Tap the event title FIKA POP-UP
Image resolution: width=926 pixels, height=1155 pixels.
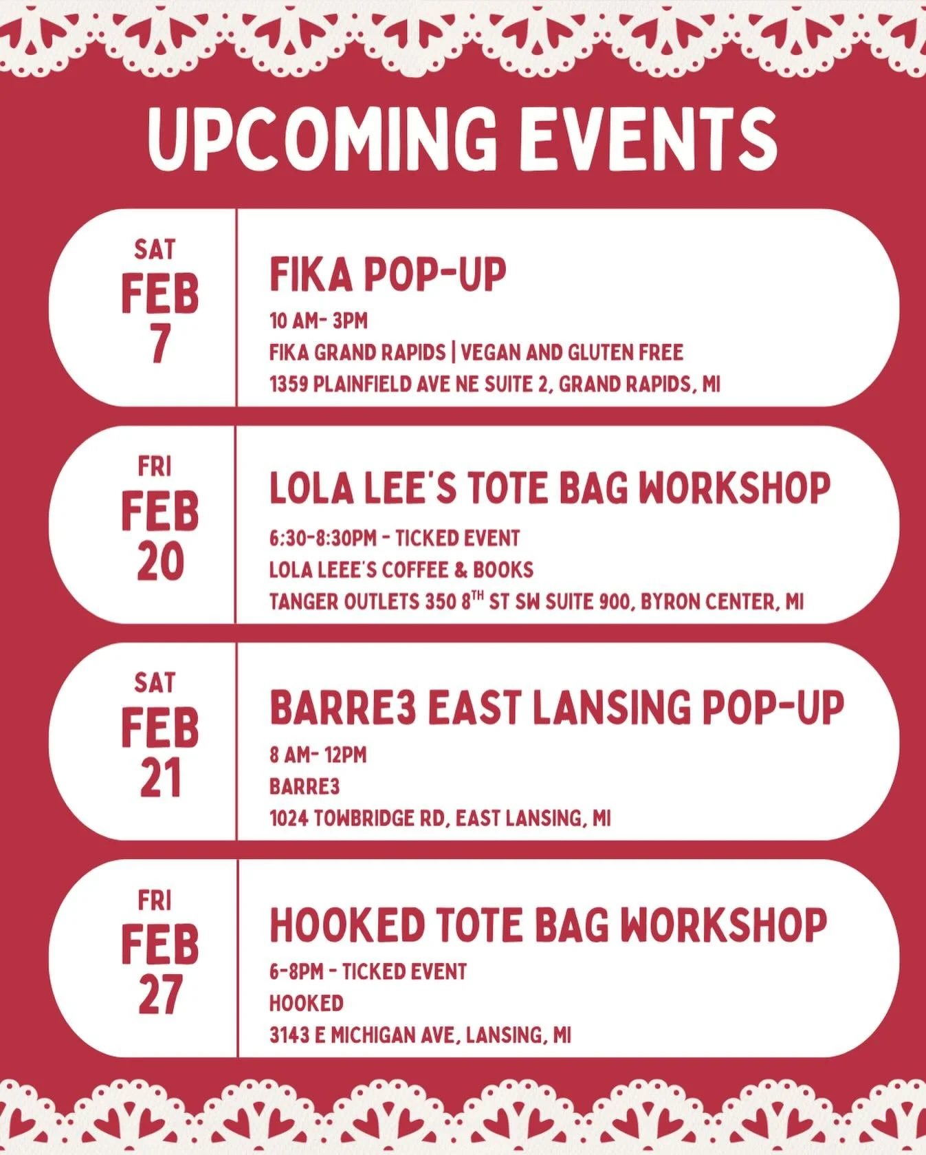point(387,274)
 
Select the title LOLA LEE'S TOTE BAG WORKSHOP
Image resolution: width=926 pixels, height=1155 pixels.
point(549,488)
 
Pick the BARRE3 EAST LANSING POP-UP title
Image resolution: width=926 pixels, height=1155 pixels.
point(556,707)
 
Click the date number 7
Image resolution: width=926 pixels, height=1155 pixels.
point(159,343)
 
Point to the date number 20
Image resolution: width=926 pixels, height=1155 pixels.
point(160,561)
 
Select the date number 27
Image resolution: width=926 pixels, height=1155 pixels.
point(160,995)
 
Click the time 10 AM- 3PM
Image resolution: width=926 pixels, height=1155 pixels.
point(318,321)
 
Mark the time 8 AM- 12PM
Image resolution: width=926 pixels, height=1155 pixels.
point(318,755)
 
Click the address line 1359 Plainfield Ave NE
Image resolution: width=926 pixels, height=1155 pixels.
point(494,384)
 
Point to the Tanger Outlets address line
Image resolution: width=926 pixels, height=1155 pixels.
point(536,601)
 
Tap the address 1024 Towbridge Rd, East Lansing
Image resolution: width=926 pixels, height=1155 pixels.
point(440,818)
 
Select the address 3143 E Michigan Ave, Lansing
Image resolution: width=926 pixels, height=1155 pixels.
point(420,1035)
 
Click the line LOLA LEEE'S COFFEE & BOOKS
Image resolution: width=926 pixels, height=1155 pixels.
point(401,570)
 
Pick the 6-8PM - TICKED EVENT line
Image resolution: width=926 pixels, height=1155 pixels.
point(368,971)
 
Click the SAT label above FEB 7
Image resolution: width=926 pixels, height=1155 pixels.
point(155,250)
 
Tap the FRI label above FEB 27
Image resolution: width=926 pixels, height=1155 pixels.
point(154,900)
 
